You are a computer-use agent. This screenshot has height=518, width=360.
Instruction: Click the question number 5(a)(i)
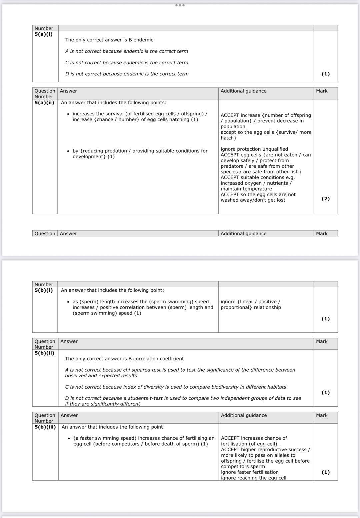44,34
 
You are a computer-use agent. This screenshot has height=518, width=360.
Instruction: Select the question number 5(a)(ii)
44,102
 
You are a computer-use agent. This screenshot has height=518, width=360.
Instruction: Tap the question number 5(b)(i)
44,290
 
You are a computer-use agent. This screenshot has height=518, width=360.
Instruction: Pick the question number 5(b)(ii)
44,353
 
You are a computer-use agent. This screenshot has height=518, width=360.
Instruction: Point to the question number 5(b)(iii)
45,427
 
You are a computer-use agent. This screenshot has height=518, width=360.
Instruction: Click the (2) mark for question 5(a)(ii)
326,199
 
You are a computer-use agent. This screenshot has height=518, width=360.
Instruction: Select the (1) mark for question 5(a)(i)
326,74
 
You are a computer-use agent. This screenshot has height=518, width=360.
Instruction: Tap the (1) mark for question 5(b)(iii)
326,472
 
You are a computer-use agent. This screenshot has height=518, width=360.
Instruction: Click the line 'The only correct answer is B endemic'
109,40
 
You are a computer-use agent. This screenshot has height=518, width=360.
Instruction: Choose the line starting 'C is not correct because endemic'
127,62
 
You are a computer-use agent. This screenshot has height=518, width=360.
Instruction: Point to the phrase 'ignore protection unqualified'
254,149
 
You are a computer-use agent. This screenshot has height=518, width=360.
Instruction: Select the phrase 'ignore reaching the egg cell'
254,478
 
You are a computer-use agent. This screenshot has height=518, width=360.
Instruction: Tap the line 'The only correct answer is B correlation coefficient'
124,359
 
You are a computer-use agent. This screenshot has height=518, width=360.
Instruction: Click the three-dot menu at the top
180,5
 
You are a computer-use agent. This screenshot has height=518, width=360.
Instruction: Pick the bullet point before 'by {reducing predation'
68,151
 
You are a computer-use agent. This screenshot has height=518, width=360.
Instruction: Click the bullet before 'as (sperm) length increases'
68,302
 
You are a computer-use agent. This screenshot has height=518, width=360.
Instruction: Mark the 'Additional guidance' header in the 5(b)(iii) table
244,415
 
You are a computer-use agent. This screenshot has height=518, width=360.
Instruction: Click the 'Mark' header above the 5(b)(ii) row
322,341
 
